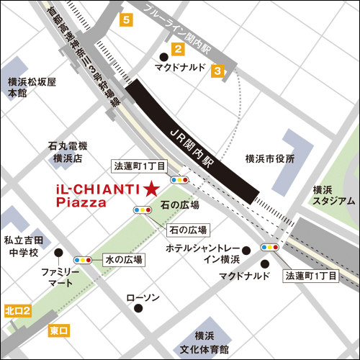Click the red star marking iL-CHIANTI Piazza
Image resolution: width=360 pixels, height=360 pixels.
point(151,189)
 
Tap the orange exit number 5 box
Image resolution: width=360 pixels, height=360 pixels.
point(127,20)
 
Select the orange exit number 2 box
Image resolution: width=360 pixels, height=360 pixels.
point(176,49)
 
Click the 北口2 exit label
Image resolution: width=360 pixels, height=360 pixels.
point(17,310)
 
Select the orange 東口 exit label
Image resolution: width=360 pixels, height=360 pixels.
point(59,330)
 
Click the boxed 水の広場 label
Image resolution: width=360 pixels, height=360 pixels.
point(123,259)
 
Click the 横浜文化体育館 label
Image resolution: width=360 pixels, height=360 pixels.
point(201,343)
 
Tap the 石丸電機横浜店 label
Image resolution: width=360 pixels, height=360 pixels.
point(67,151)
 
